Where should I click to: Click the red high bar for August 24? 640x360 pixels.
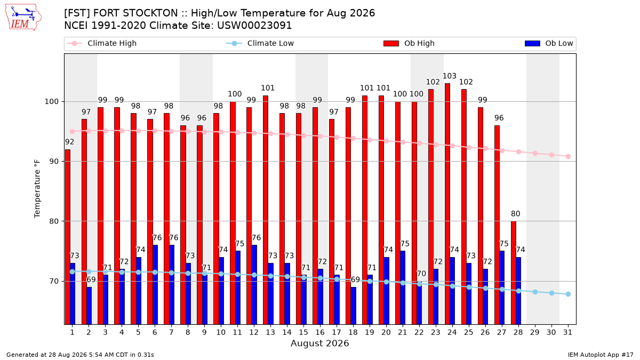tap(447, 204)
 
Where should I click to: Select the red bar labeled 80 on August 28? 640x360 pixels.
tap(514, 273)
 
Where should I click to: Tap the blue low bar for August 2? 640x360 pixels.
tap(89, 306)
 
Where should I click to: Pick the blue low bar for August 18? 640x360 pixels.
tap(354, 306)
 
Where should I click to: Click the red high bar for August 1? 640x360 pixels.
tap(68, 237)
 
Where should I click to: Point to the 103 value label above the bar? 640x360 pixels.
tap(450, 76)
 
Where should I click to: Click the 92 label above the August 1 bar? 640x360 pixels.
tap(69, 142)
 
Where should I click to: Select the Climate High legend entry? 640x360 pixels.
tap(102, 43)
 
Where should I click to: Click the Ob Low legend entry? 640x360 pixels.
tap(549, 43)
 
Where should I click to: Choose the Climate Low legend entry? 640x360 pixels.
tap(260, 43)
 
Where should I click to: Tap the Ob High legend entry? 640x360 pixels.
tap(409, 43)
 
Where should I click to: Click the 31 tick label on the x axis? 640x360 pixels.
tap(567, 332)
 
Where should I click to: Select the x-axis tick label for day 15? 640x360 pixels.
tap(303, 332)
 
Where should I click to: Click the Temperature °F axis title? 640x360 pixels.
tap(37, 189)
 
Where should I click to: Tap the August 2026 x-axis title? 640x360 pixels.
tap(319, 343)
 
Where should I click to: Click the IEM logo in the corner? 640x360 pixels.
tap(23, 18)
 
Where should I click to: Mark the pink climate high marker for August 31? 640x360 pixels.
tap(568, 157)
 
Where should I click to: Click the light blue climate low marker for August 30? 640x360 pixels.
tap(551, 293)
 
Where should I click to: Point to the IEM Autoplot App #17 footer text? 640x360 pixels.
tap(601, 355)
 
